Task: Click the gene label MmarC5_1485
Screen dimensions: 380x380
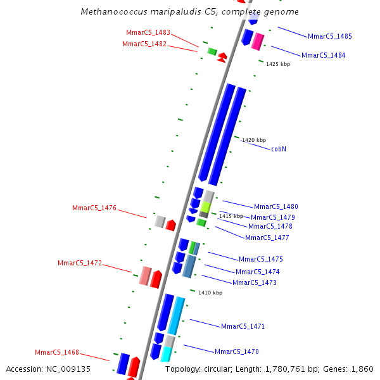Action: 329,37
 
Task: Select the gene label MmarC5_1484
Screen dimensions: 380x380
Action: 323,56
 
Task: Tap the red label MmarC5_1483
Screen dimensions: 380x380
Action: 148,33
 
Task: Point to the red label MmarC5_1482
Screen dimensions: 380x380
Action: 144,44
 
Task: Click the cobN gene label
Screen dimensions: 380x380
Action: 279,149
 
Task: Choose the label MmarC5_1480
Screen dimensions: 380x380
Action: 275,207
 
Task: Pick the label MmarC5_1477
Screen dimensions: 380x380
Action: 267,238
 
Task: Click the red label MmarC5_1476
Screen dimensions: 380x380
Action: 94,208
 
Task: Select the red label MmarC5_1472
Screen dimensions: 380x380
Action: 79,263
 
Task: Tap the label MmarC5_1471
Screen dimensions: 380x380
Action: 243,327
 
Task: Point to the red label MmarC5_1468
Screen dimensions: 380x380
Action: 56,353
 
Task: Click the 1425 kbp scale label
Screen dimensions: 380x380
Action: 278,65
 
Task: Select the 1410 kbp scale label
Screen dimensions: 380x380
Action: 210,293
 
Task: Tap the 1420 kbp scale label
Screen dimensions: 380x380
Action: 254,141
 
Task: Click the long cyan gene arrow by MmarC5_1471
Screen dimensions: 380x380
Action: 176,315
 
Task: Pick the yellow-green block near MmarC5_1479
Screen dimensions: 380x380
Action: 206,207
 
